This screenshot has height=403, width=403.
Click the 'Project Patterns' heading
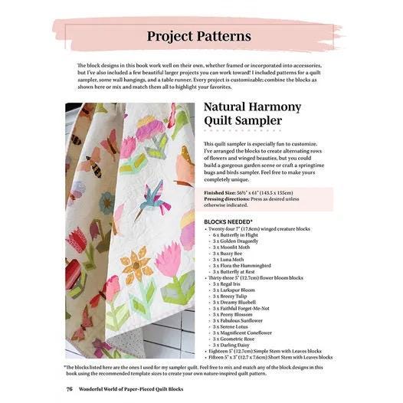point(198,36)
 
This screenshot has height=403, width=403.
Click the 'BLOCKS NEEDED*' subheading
point(229,221)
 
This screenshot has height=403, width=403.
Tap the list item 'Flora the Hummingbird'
point(241,265)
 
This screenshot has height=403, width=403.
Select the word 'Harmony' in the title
point(269,106)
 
